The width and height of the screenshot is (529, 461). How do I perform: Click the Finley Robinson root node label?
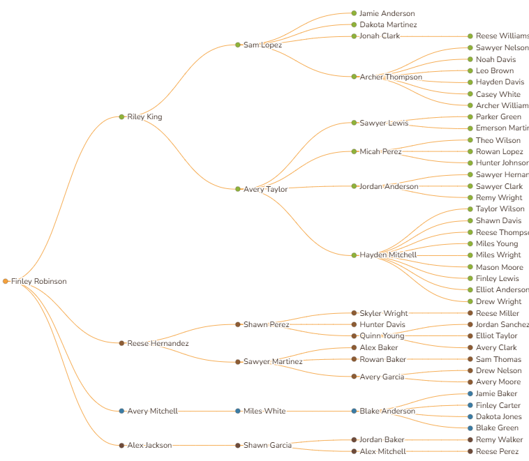click(39, 281)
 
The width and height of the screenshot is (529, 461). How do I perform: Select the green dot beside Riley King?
click(121, 116)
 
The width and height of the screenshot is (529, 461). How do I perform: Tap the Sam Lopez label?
click(262, 45)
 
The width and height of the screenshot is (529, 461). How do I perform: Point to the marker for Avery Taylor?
click(238, 189)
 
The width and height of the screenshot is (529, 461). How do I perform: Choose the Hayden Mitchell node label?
click(388, 255)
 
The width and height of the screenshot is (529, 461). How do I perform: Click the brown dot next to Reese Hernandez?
click(121, 343)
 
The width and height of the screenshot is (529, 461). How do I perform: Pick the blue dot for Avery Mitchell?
click(121, 411)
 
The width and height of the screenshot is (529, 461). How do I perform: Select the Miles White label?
click(264, 411)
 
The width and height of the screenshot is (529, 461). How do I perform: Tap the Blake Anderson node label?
click(387, 411)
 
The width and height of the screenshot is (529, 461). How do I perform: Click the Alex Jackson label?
click(149, 445)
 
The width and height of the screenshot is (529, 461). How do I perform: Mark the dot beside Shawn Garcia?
click(238, 445)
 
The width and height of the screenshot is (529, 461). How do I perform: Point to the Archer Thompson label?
click(391, 77)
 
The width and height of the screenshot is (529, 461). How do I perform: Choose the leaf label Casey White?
click(498, 94)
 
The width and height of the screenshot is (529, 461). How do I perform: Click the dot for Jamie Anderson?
click(354, 13)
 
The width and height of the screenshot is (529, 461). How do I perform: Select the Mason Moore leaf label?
click(500, 267)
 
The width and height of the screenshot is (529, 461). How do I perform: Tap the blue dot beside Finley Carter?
click(470, 405)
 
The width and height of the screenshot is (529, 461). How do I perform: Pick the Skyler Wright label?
click(384, 313)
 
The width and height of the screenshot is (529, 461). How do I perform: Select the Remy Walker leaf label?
click(499, 439)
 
